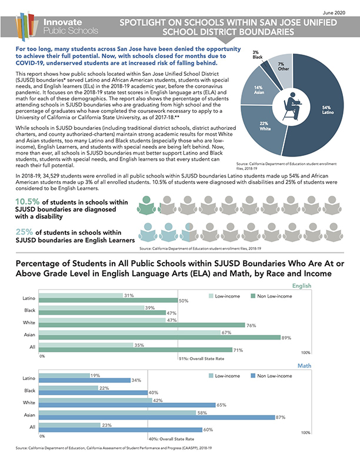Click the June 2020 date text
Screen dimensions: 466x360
click(x=341, y=12)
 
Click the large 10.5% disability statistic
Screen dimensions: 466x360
click(x=26, y=202)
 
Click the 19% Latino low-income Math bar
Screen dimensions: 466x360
click(x=65, y=375)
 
